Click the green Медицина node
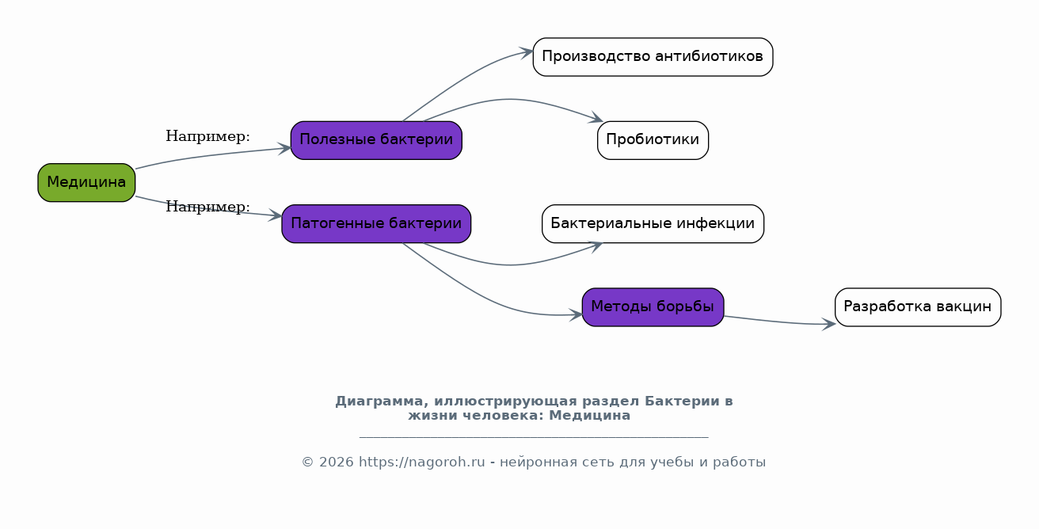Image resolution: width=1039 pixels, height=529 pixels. [86, 182]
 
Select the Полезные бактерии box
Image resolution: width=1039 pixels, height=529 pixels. [376, 140]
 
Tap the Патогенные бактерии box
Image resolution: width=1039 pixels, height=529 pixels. [376, 223]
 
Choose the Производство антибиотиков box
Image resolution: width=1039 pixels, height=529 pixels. [653, 56]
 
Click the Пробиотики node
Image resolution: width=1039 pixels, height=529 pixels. [653, 140]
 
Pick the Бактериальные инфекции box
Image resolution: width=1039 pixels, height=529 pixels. [653, 223]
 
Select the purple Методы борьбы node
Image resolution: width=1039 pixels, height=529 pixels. [653, 307]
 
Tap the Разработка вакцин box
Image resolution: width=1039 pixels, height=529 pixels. [918, 307]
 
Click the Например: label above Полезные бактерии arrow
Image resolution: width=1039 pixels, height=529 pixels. [207, 136]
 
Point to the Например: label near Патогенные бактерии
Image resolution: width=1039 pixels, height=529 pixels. [207, 207]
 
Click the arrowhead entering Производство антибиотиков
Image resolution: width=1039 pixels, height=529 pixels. [527, 52]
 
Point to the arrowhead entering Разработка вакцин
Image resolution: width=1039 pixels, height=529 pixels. [829, 324]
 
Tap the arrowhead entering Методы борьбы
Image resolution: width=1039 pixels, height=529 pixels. [576, 315]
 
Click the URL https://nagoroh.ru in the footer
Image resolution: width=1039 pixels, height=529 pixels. [421, 462]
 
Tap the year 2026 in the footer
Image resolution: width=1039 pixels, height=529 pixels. [337, 462]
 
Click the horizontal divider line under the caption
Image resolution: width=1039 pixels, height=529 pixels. [534, 436]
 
